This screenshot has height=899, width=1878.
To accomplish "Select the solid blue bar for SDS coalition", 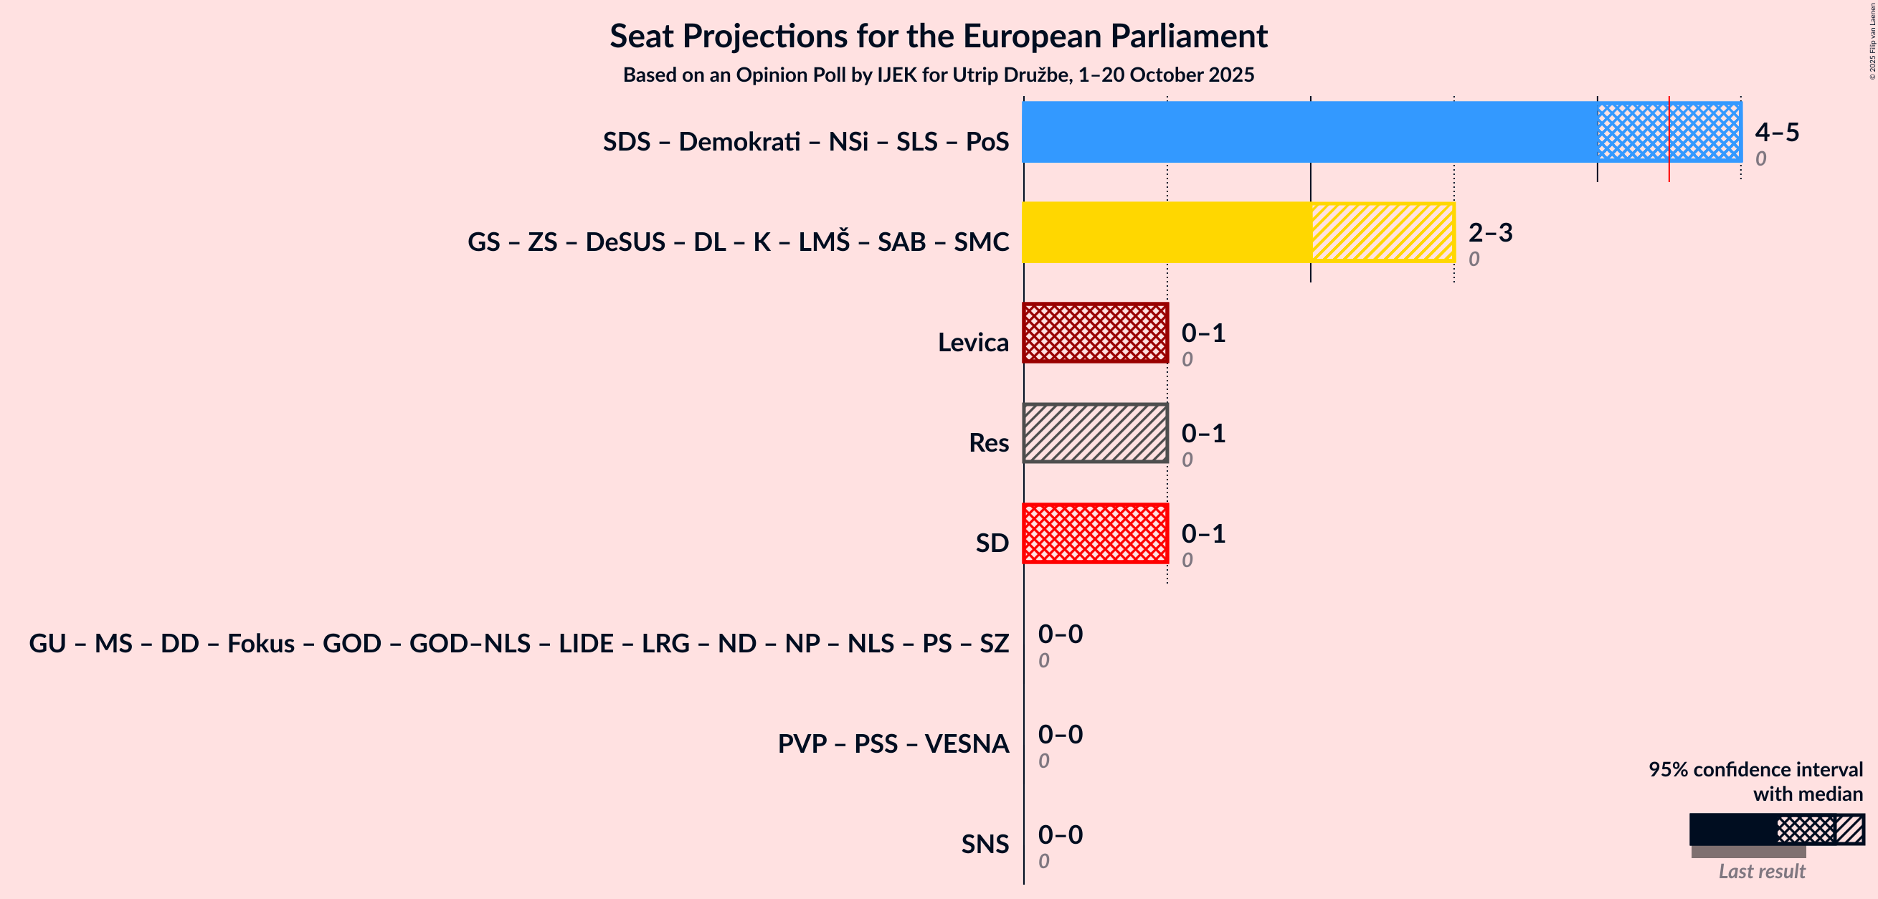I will tap(1309, 132).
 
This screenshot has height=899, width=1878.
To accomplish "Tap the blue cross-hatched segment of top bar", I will tap(1633, 132).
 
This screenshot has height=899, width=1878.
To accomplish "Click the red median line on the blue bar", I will tap(1669, 138).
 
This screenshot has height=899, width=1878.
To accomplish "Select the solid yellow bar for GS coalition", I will tap(1167, 232).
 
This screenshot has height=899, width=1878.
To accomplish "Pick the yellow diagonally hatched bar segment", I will tap(1383, 232).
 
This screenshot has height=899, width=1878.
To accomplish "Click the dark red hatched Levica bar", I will tap(1095, 333).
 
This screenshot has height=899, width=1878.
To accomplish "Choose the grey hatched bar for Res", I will tap(1095, 433).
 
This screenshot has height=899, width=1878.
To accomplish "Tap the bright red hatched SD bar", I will tap(1095, 533).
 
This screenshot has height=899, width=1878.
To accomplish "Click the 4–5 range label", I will tap(1777, 132).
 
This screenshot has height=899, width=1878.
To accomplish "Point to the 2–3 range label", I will tap(1490, 232).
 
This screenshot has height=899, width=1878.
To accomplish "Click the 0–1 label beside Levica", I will tap(1203, 333).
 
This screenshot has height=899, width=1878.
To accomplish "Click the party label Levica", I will tap(972, 343).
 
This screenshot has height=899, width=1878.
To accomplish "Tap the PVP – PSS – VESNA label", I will tap(892, 743).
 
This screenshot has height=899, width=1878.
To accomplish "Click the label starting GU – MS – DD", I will tap(518, 644).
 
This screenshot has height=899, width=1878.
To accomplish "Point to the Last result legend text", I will tap(1761, 871).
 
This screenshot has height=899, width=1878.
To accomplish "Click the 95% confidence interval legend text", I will tap(1755, 781).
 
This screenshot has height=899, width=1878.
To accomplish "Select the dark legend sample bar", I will tap(1732, 829).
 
